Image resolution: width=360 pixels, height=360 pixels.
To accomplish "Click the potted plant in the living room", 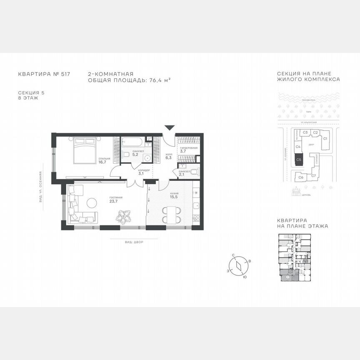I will tap(123, 216).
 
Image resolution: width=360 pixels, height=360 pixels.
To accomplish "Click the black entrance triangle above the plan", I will tap(169, 128).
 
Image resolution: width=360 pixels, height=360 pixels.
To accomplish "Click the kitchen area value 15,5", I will tap(174, 197).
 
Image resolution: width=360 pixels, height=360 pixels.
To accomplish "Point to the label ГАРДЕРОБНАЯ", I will tap(188, 148).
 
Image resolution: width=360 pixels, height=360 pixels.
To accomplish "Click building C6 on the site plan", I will tap(300, 177).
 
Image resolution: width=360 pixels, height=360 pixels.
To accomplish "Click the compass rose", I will tap(238, 265).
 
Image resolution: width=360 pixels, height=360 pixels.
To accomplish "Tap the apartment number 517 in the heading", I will tap(65, 74).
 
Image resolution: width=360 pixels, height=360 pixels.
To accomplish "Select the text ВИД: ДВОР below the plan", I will tap(133, 242).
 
